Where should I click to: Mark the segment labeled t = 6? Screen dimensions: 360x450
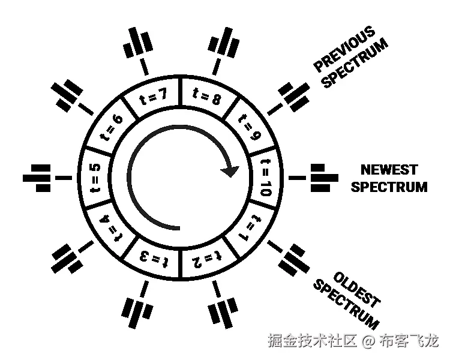[114, 125]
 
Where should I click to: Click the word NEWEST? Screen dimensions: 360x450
[389, 170]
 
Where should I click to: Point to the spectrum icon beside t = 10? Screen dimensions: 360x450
[320, 178]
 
